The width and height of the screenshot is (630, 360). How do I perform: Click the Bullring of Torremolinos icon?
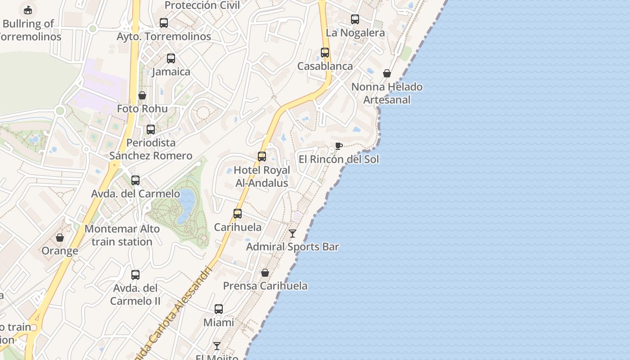(x=28, y=9)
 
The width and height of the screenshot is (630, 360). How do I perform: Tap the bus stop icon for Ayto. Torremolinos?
(x=164, y=22)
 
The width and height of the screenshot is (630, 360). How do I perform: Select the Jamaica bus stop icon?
(x=171, y=58)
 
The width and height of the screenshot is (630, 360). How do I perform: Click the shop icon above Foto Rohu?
(x=142, y=95)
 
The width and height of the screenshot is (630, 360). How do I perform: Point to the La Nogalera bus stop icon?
(x=355, y=19)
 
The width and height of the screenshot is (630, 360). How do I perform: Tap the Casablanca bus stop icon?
(x=325, y=52)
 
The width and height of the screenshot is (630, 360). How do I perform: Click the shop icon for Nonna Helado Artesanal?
(x=387, y=73)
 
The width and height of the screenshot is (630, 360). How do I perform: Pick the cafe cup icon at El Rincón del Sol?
(x=339, y=146)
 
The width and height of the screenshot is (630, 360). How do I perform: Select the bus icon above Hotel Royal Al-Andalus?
(x=262, y=156)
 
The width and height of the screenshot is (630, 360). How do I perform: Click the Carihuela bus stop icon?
(x=238, y=213)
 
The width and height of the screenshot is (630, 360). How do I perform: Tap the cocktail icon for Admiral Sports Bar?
(x=292, y=233)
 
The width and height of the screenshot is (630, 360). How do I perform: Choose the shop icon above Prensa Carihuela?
(x=265, y=273)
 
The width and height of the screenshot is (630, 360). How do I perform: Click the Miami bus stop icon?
(x=219, y=309)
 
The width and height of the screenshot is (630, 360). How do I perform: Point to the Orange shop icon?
(x=60, y=238)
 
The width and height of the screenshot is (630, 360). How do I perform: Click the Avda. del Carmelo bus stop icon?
(x=135, y=180)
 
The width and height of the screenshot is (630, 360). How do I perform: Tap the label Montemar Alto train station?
(x=122, y=235)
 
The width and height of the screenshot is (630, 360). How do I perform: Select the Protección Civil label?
(x=202, y=5)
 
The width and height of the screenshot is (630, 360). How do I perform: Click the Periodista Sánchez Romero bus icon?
(x=151, y=129)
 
